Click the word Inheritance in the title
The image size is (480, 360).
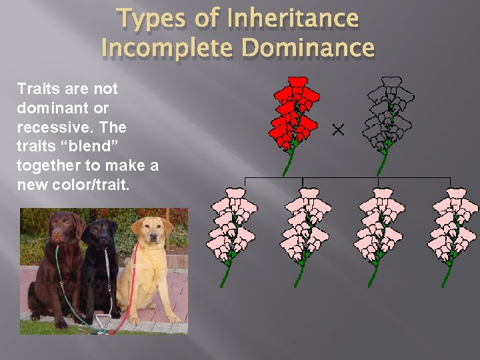[293, 19]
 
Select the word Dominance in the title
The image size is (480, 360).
[307, 48]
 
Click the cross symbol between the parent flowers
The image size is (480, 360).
[339, 129]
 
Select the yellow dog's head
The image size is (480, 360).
[148, 230]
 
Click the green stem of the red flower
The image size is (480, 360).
[288, 164]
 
